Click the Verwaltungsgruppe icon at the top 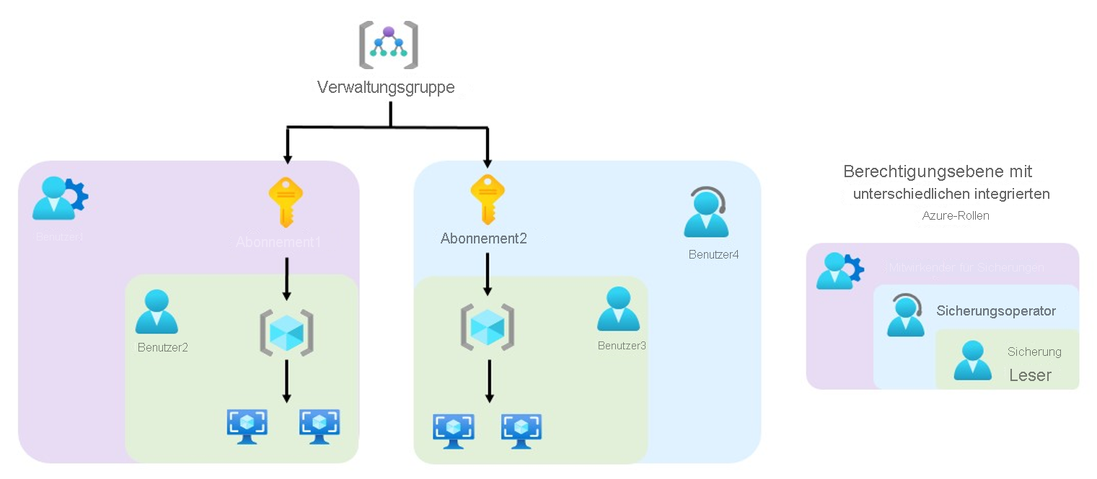pyautogui.click(x=389, y=45)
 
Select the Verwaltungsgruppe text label pyautogui.click(x=386, y=88)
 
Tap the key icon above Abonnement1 pyautogui.click(x=286, y=204)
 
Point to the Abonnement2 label pyautogui.click(x=483, y=238)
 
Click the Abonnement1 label pyautogui.click(x=278, y=242)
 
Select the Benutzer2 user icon pyautogui.click(x=157, y=312)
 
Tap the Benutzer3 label pyautogui.click(x=622, y=346)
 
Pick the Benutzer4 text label pyautogui.click(x=713, y=254)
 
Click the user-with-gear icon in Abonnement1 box pyautogui.click(x=60, y=198)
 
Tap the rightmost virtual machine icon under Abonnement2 pyautogui.click(x=521, y=431)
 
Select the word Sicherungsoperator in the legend pyautogui.click(x=996, y=311)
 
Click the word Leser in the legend pyautogui.click(x=1030, y=375)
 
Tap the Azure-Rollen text pyautogui.click(x=956, y=216)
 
